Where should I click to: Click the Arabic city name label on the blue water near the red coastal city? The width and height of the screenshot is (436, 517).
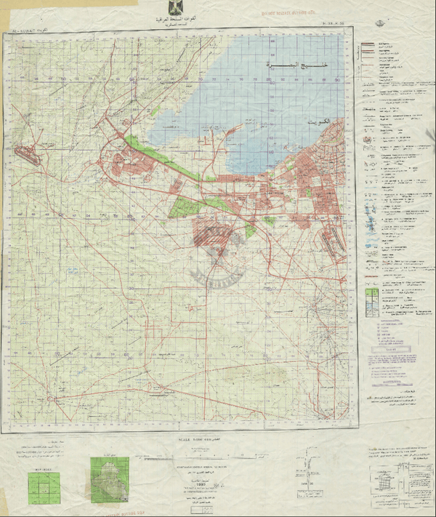tap(318, 119)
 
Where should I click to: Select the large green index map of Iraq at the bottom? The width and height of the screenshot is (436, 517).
tap(109, 478)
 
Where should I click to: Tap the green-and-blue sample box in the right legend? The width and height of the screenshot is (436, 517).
tap(370, 298)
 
